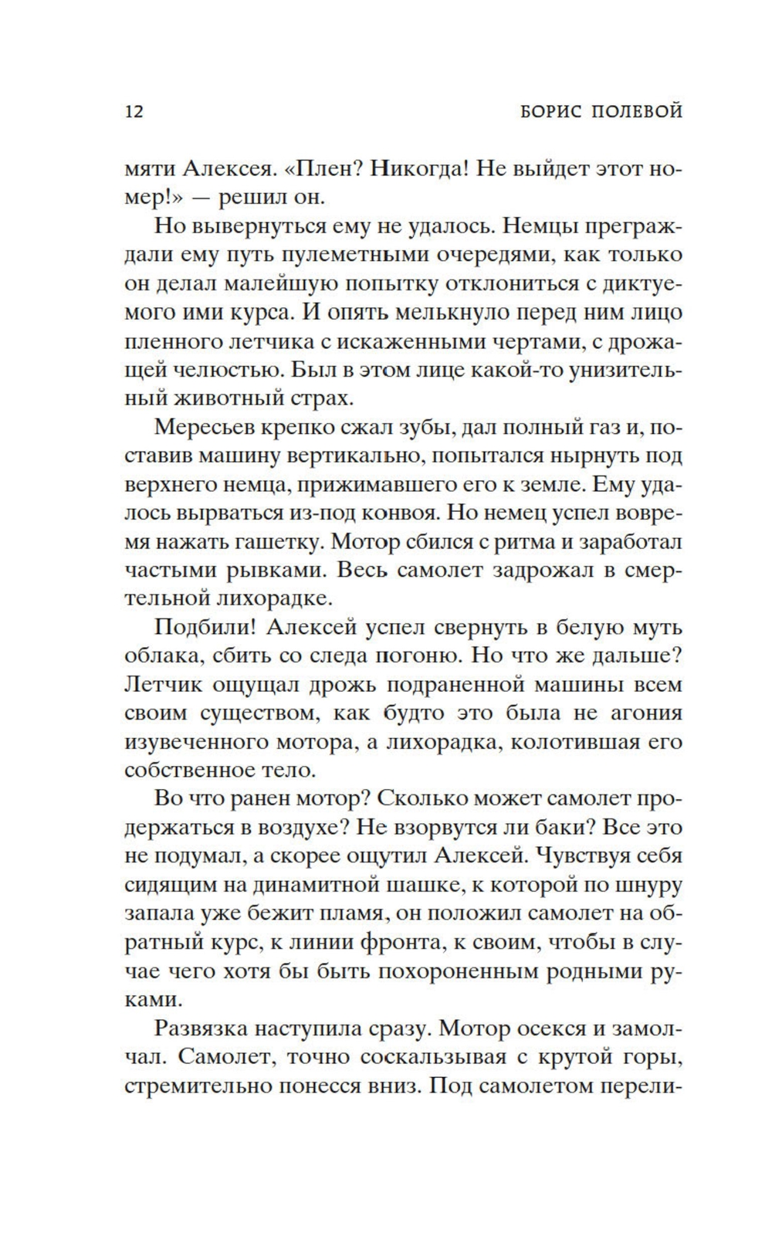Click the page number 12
pos(134,111)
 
